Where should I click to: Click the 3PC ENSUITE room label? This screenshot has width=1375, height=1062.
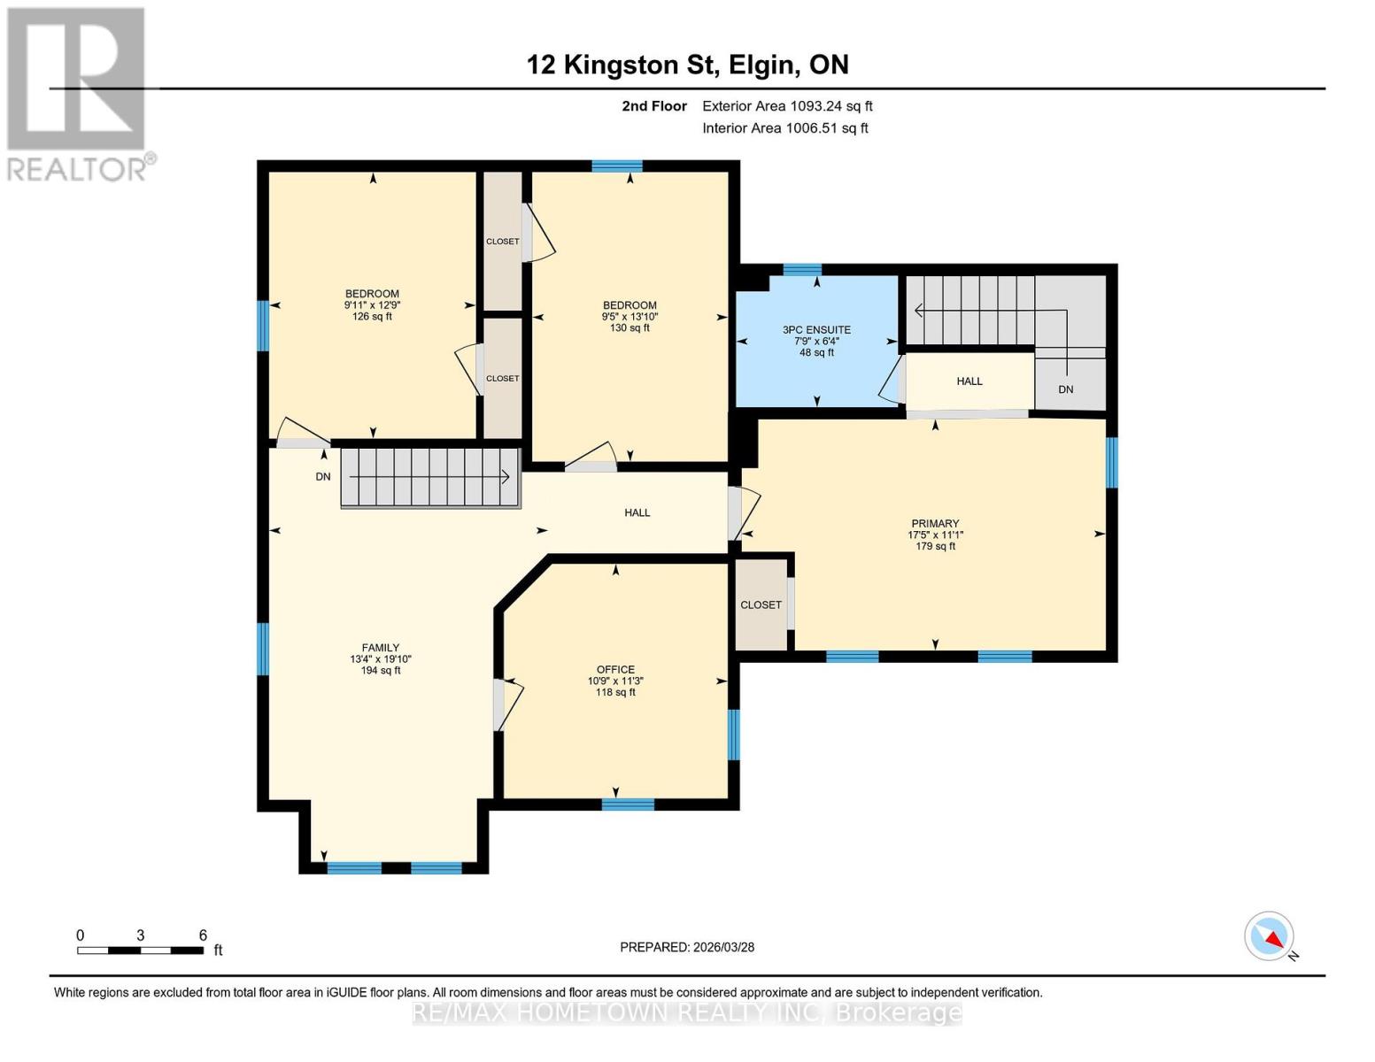[x=816, y=329]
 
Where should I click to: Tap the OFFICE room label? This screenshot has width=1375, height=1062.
[x=615, y=669]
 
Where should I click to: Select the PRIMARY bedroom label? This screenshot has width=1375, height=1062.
[x=935, y=523]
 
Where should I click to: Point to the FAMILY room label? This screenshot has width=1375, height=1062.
[x=380, y=647]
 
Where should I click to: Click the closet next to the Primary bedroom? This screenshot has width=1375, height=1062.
[x=761, y=604]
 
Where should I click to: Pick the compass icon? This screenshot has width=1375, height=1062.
[x=1269, y=936]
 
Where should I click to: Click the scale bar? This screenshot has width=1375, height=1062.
[x=141, y=950]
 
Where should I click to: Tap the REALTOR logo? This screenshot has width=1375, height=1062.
[x=76, y=95]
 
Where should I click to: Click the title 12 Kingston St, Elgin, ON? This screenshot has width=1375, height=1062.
[x=687, y=65]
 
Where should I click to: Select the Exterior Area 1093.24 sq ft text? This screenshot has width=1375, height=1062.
[x=787, y=106]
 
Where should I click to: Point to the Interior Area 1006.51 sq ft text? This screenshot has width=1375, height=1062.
[x=784, y=127]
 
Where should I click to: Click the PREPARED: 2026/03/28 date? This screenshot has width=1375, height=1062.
[x=686, y=947]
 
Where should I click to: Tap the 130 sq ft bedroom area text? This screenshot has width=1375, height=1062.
[x=629, y=327]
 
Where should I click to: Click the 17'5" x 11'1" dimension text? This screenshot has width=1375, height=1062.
[x=935, y=535]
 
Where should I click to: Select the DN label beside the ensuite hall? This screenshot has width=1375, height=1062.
[x=1066, y=389]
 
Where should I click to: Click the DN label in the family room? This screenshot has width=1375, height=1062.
[x=322, y=476]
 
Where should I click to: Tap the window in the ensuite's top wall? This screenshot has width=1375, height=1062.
[x=801, y=269]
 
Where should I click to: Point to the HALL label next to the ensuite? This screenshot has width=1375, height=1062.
[x=969, y=381]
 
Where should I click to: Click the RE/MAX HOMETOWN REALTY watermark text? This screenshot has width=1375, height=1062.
[x=686, y=1012]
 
